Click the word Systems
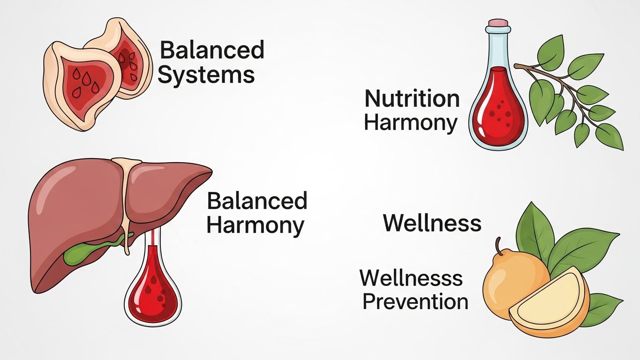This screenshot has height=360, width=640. (x=206, y=75)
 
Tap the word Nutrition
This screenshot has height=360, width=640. (x=412, y=99)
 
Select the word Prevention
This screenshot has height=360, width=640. (x=415, y=301)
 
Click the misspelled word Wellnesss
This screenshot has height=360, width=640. (x=411, y=278)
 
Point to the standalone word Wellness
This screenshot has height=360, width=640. (x=432, y=223)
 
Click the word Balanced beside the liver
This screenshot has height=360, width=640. (x=257, y=201)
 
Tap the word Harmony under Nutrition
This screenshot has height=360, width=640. (x=411, y=122)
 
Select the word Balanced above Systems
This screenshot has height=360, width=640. (x=212, y=50)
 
